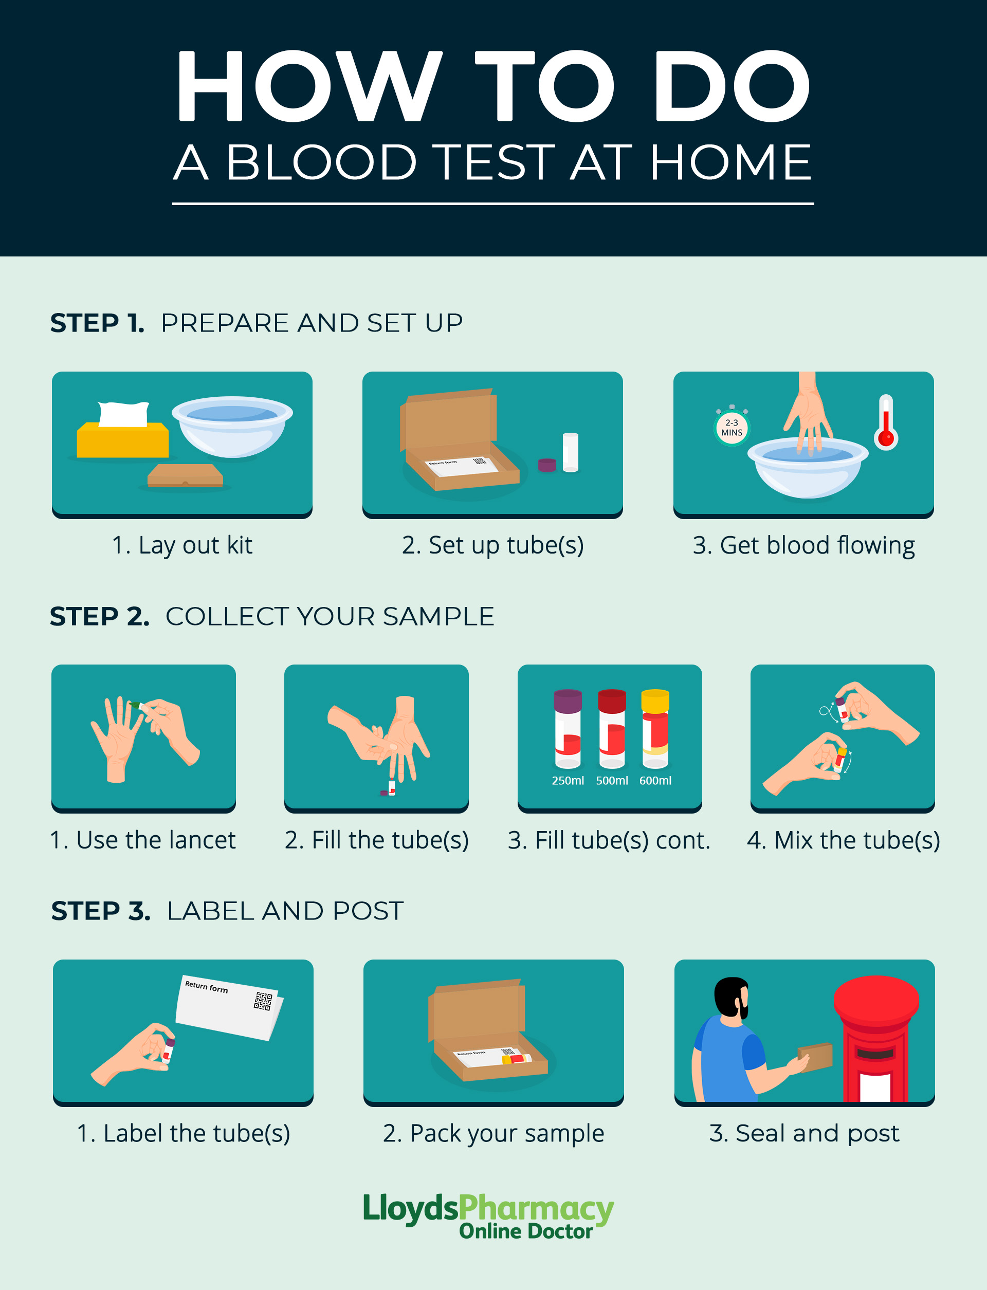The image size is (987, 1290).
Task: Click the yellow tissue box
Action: [x=122, y=439]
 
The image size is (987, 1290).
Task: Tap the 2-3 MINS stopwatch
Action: [x=732, y=428]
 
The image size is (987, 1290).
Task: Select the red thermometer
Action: [x=886, y=423]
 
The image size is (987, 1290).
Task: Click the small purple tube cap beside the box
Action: [x=547, y=465]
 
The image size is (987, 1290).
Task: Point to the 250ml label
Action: [x=568, y=781]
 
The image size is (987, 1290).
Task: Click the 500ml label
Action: [x=612, y=781]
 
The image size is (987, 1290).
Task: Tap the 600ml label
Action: [x=655, y=781]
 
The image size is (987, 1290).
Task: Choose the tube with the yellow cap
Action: [x=655, y=728]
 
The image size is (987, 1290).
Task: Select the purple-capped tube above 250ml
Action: [x=568, y=728]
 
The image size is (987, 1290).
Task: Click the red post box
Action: [x=875, y=1037]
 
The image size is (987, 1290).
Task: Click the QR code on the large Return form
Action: [x=263, y=1001]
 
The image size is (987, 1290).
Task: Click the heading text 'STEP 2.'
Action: [x=99, y=616]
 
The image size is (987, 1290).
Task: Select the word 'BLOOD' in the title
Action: [x=321, y=163]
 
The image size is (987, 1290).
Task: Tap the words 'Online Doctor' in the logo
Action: [x=526, y=1231]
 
